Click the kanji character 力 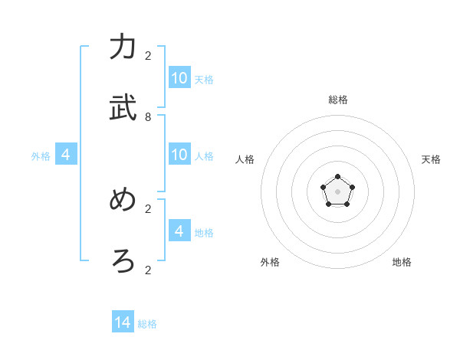coord(123,47)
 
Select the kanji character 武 coord(123,108)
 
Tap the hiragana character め coord(123,200)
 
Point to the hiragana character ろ coord(123,261)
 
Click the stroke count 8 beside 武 coord(148,117)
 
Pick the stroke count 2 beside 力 coord(148,56)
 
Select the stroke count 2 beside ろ coord(148,270)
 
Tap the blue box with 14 coord(123,323)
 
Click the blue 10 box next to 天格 coord(179,78)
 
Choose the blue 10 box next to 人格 coord(179,155)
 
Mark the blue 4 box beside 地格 coord(179,231)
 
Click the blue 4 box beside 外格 coord(66,155)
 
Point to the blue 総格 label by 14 coord(147,324)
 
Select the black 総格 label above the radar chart coord(337,100)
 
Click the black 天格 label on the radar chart coord(431,159)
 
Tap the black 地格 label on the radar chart coord(402,262)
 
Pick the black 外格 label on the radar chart coord(270,262)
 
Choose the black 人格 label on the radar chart coord(245,159)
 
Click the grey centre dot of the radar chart coord(337,191)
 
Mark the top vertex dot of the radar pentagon coord(337,177)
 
